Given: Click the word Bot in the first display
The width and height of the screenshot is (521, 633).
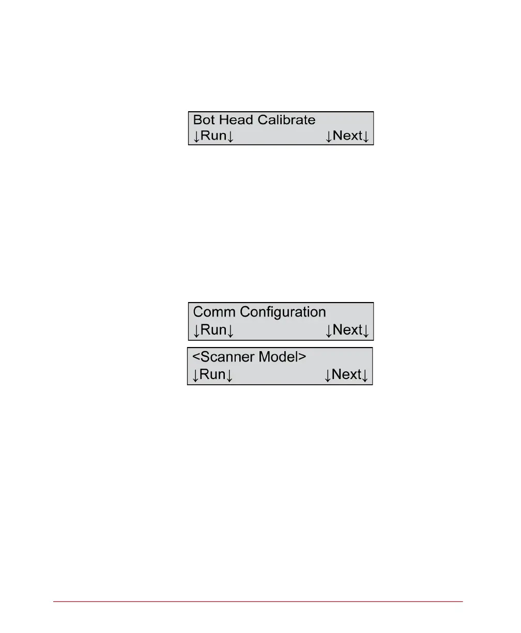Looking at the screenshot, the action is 205,120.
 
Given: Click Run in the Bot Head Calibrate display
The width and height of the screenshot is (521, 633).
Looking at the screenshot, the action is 213,136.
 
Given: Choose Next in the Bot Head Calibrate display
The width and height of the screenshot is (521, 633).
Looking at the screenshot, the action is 348,136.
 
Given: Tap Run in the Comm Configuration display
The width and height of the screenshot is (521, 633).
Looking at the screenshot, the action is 213,330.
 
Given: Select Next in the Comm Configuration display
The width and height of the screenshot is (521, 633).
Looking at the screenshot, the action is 348,330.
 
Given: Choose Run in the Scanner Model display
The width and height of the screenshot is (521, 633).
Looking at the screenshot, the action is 212,374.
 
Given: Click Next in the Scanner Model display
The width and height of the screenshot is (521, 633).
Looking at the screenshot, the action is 347,374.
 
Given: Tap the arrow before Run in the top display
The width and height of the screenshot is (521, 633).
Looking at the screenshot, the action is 196,137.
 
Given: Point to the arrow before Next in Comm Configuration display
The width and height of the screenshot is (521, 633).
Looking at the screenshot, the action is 329,330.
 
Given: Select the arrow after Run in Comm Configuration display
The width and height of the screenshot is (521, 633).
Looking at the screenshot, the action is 231,330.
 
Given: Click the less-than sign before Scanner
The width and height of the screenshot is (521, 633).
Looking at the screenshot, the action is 196,357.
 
